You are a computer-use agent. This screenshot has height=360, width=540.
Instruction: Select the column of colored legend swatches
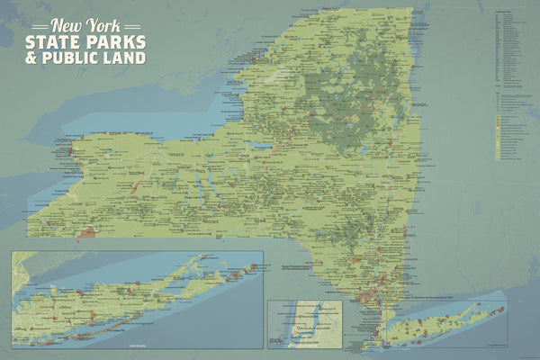[496, 126]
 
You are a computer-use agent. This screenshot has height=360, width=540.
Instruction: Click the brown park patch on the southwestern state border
[86, 233]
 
